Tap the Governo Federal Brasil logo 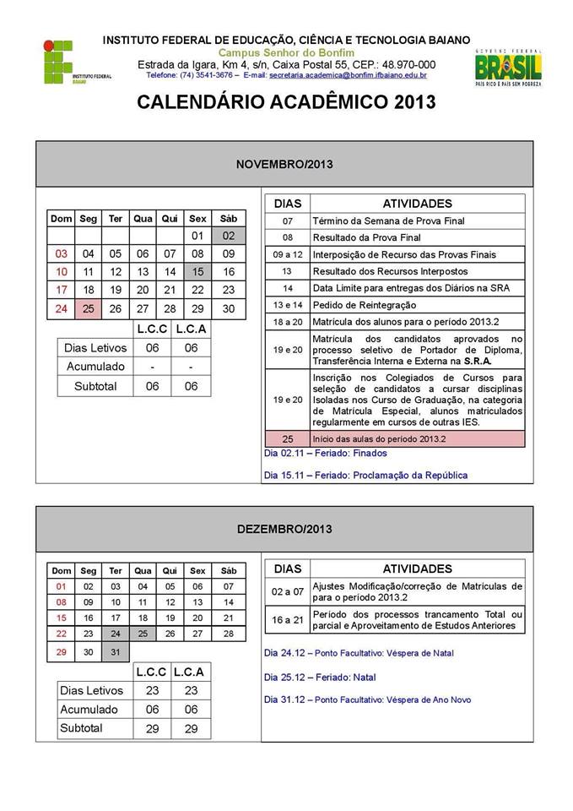[507, 67]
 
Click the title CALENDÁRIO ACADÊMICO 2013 [286, 102]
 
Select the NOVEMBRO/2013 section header [284, 164]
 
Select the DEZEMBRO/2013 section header [284, 529]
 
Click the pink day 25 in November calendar [89, 308]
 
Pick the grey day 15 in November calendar [197, 272]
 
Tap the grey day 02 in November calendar [228, 236]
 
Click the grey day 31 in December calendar [116, 651]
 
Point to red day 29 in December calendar [61, 651]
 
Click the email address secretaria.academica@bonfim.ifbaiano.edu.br [348, 75]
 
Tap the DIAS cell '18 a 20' [287, 322]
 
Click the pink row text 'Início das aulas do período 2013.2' [379, 439]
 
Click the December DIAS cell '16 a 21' [287, 619]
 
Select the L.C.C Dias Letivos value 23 [153, 690]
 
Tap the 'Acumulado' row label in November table [95, 366]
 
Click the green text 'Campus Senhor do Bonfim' [286, 52]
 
